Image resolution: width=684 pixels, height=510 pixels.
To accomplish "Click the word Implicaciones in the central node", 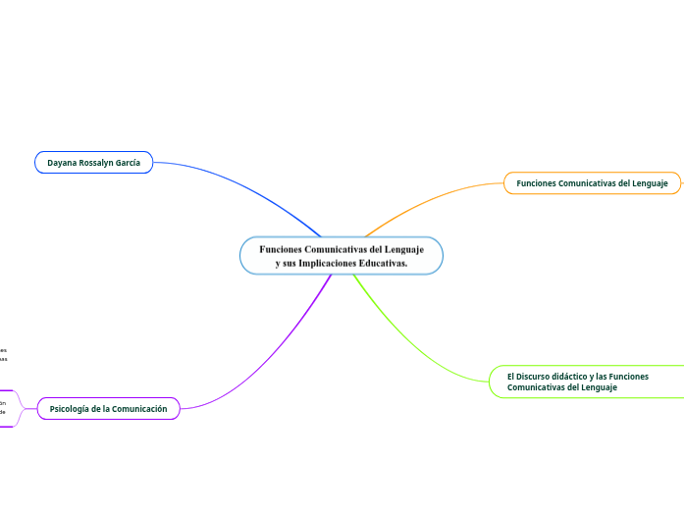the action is (x=330, y=264).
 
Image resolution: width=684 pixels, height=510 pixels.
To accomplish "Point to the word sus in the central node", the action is (x=293, y=264).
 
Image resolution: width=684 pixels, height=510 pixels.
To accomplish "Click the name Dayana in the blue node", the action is (x=64, y=162).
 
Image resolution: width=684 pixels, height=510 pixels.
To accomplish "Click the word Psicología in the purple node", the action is (x=72, y=408).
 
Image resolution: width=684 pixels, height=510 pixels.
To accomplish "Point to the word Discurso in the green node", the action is (x=538, y=376).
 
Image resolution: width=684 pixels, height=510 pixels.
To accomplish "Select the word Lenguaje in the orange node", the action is (x=649, y=183).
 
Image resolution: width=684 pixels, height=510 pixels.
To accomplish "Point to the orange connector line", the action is (x=432, y=197).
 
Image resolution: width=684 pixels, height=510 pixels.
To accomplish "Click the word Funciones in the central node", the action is (x=280, y=250).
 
